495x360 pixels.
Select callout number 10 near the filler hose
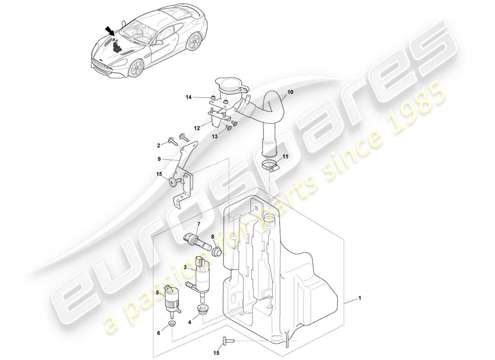click(x=290, y=92)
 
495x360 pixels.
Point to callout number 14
click(x=189, y=97)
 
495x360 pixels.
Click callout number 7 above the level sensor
click(x=198, y=224)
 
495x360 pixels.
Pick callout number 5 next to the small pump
click(x=157, y=293)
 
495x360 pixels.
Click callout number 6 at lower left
click(x=159, y=333)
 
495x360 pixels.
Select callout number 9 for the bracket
click(x=159, y=158)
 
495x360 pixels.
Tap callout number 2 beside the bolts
click(x=158, y=145)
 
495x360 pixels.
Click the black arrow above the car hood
click(x=109, y=31)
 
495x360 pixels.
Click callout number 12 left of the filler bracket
click(x=196, y=128)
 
